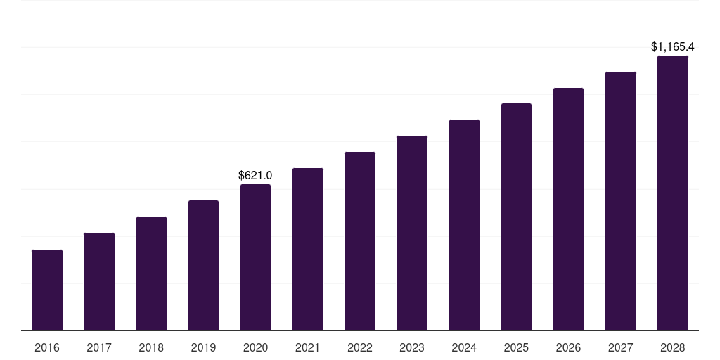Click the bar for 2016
click(x=47, y=290)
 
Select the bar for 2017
click(x=99, y=282)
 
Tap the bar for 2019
click(x=203, y=265)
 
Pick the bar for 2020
click(x=255, y=257)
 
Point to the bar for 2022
click(x=360, y=241)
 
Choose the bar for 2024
click(x=464, y=225)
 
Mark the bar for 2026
click(x=568, y=210)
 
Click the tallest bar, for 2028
click(x=673, y=193)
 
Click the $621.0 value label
click(x=255, y=175)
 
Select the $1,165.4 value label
click(x=673, y=47)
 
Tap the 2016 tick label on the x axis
click(x=47, y=347)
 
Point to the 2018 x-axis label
click(x=151, y=347)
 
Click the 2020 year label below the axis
click(x=255, y=347)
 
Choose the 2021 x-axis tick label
click(x=308, y=347)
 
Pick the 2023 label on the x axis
click(x=412, y=347)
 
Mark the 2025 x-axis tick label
click(x=516, y=347)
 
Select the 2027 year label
click(x=621, y=347)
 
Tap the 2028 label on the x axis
click(x=673, y=347)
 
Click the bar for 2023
click(x=412, y=233)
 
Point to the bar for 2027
click(x=621, y=201)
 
